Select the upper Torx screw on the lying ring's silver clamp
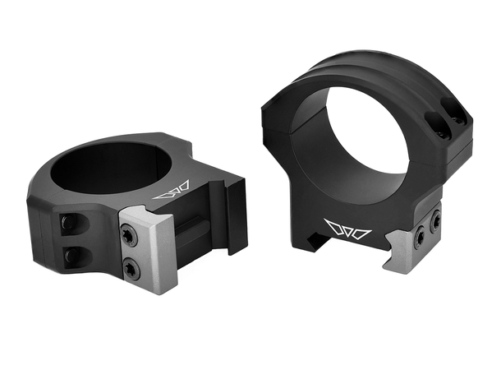pos(127,236)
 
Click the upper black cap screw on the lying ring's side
pos(70,223)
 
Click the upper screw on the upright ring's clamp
pos(434,220)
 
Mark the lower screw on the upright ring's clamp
pos(420,238)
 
